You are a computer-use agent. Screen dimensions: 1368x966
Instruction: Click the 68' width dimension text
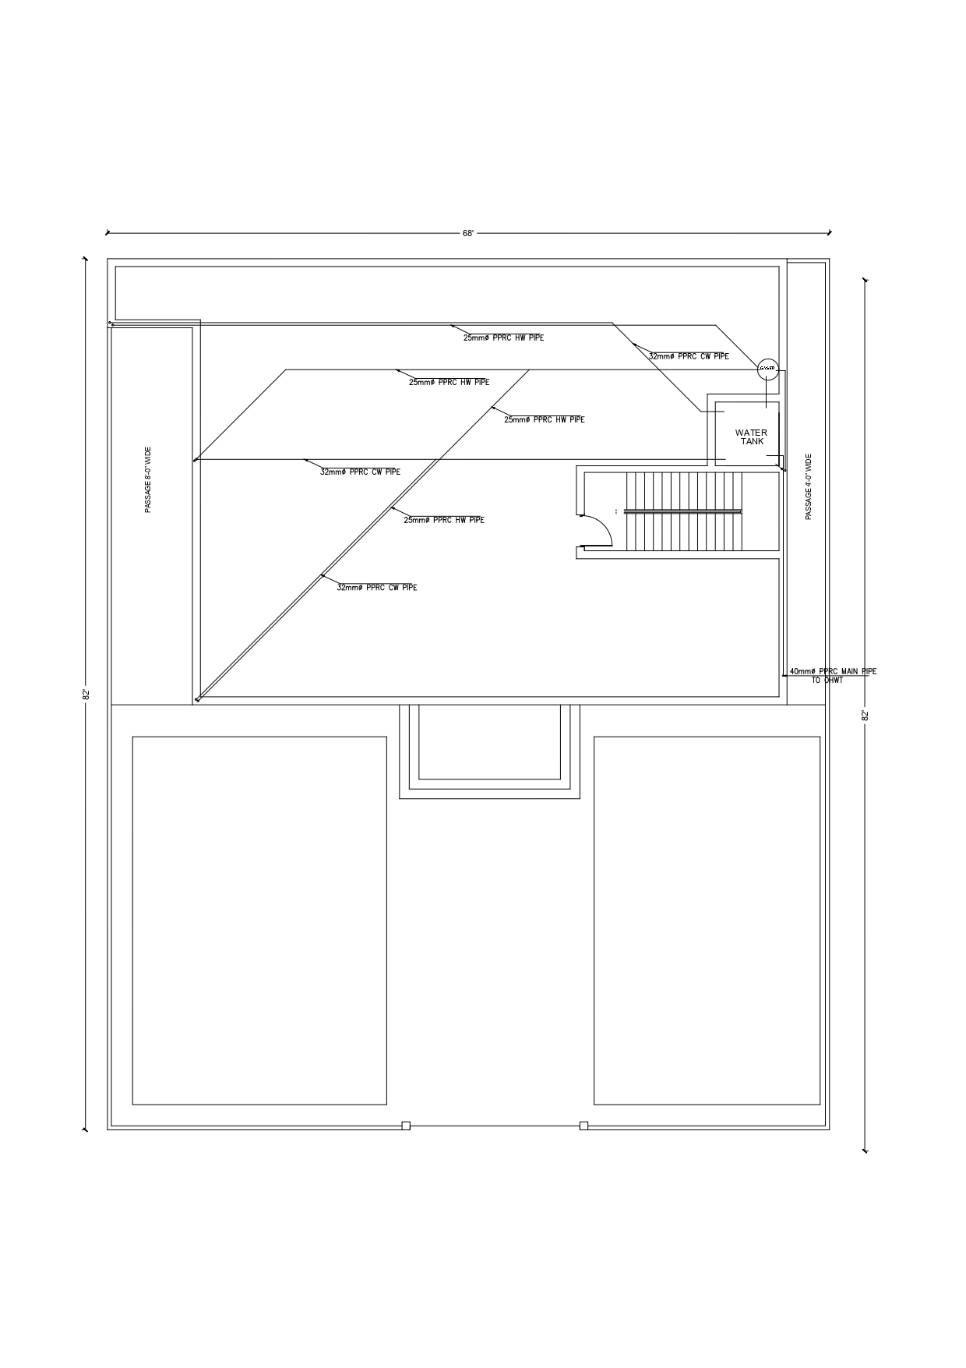(468, 233)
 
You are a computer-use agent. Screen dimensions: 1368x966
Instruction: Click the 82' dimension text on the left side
(86, 694)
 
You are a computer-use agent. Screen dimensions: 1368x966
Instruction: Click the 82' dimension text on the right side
(865, 715)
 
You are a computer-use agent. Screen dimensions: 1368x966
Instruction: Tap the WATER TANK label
(751, 437)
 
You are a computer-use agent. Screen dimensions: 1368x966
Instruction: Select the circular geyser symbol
(767, 368)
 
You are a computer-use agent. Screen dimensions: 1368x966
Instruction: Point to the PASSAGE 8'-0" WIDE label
(148, 479)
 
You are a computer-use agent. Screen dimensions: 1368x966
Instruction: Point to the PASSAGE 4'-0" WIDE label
(808, 487)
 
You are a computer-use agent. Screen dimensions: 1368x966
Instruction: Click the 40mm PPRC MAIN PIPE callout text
(833, 671)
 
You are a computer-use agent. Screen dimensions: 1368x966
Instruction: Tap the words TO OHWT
(827, 680)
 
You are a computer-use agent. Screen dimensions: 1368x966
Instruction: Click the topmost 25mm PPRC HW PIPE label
(503, 338)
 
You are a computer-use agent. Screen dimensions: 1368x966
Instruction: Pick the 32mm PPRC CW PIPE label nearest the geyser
(689, 356)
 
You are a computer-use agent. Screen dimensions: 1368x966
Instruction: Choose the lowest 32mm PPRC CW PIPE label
(376, 588)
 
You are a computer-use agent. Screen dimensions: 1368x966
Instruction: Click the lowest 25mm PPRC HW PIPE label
(443, 520)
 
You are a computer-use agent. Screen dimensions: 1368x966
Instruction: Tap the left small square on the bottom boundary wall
(406, 1126)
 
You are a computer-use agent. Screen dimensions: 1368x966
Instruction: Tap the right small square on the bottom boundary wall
(583, 1126)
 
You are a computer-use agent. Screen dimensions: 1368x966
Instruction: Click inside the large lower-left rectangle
(259, 920)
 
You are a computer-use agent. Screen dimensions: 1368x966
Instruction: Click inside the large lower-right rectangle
(707, 920)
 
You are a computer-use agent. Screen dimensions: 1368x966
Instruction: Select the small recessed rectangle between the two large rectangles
(489, 741)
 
